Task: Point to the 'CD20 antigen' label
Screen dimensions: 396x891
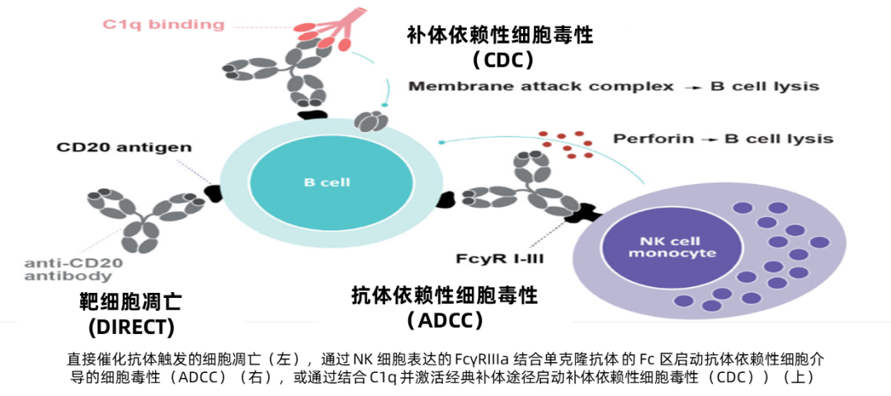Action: point(124,148)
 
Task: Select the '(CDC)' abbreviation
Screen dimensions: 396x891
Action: point(503,59)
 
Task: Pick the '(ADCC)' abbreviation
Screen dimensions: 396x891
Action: point(445,320)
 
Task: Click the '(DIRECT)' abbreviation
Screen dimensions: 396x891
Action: point(131,327)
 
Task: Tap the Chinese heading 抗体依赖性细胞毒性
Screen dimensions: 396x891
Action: point(445,295)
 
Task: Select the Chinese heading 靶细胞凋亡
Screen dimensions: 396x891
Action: point(131,302)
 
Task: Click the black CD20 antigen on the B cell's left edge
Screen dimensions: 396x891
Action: point(213,193)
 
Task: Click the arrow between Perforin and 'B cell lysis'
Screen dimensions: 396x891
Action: point(707,139)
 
